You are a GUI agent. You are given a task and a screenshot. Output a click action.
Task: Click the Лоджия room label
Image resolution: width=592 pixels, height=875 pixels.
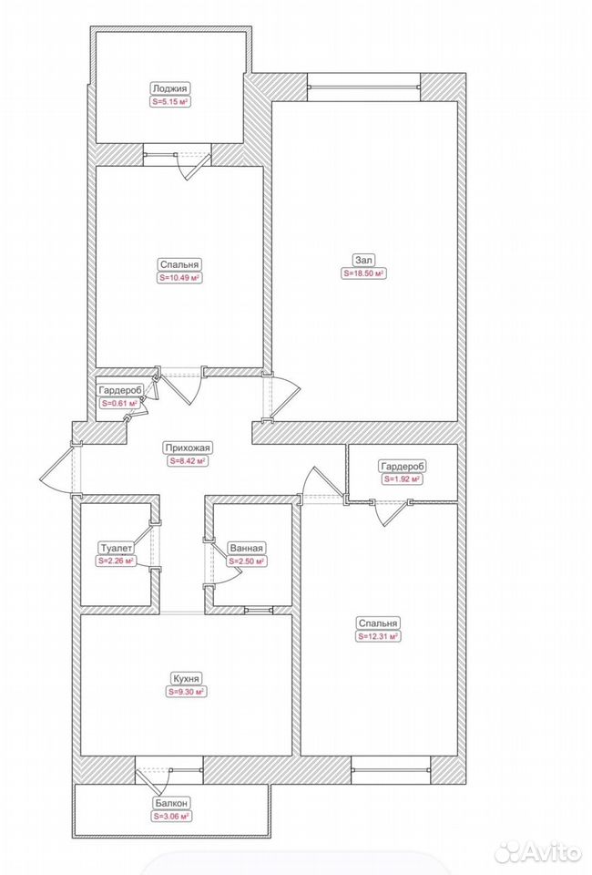click(x=170, y=88)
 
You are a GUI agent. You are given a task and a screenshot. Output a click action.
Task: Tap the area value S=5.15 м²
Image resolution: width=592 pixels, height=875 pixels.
click(x=170, y=102)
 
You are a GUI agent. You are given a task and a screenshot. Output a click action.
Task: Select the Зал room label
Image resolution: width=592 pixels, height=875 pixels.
click(x=364, y=260)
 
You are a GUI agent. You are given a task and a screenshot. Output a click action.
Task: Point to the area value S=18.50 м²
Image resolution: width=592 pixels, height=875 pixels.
click(x=364, y=274)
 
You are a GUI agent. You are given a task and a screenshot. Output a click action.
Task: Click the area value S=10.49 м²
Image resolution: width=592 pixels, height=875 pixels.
click(x=179, y=278)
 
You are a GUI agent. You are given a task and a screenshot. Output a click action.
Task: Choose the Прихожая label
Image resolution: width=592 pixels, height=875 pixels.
click(x=188, y=448)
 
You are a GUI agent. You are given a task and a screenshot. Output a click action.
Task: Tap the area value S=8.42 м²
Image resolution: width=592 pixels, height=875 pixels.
click(x=188, y=461)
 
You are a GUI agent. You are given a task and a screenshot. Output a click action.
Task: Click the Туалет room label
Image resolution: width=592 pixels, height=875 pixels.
click(x=117, y=548)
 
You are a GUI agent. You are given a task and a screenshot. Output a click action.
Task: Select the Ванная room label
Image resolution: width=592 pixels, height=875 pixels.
click(x=245, y=548)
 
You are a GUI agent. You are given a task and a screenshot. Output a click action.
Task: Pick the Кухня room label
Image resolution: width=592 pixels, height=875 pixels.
click(x=186, y=678)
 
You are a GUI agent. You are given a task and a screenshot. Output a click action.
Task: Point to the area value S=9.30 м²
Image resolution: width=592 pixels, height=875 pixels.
click(x=186, y=692)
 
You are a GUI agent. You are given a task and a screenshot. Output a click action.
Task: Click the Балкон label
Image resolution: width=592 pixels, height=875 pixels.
click(x=172, y=802)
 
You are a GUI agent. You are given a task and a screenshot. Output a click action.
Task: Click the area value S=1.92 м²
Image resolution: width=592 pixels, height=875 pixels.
click(x=402, y=479)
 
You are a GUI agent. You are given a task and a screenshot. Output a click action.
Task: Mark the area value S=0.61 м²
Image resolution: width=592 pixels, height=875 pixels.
click(x=119, y=404)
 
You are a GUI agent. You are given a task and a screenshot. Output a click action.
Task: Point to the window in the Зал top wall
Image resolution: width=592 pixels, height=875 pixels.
click(x=363, y=87)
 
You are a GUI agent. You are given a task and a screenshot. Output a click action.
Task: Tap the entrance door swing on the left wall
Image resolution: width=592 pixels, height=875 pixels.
click(x=60, y=468)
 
